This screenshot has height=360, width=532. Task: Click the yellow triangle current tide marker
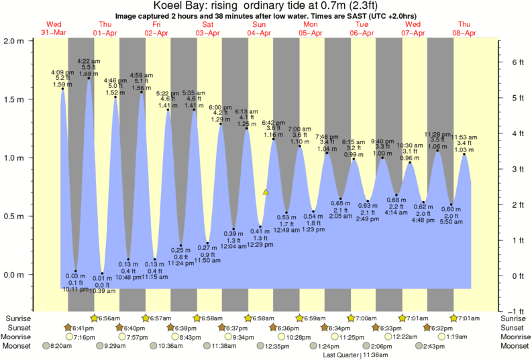[x=266, y=192]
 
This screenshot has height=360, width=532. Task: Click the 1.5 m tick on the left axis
[x=15, y=99]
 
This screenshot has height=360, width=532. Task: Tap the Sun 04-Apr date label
[x=260, y=29]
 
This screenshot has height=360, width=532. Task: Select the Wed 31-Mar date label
[x=54, y=29]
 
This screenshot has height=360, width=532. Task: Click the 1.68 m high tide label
[x=89, y=74]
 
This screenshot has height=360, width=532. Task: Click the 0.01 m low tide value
[x=103, y=278]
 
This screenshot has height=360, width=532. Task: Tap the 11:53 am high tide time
[x=464, y=137]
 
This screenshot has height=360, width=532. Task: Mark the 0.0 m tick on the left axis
[x=15, y=275]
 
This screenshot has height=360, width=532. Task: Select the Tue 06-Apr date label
[x=362, y=29]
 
